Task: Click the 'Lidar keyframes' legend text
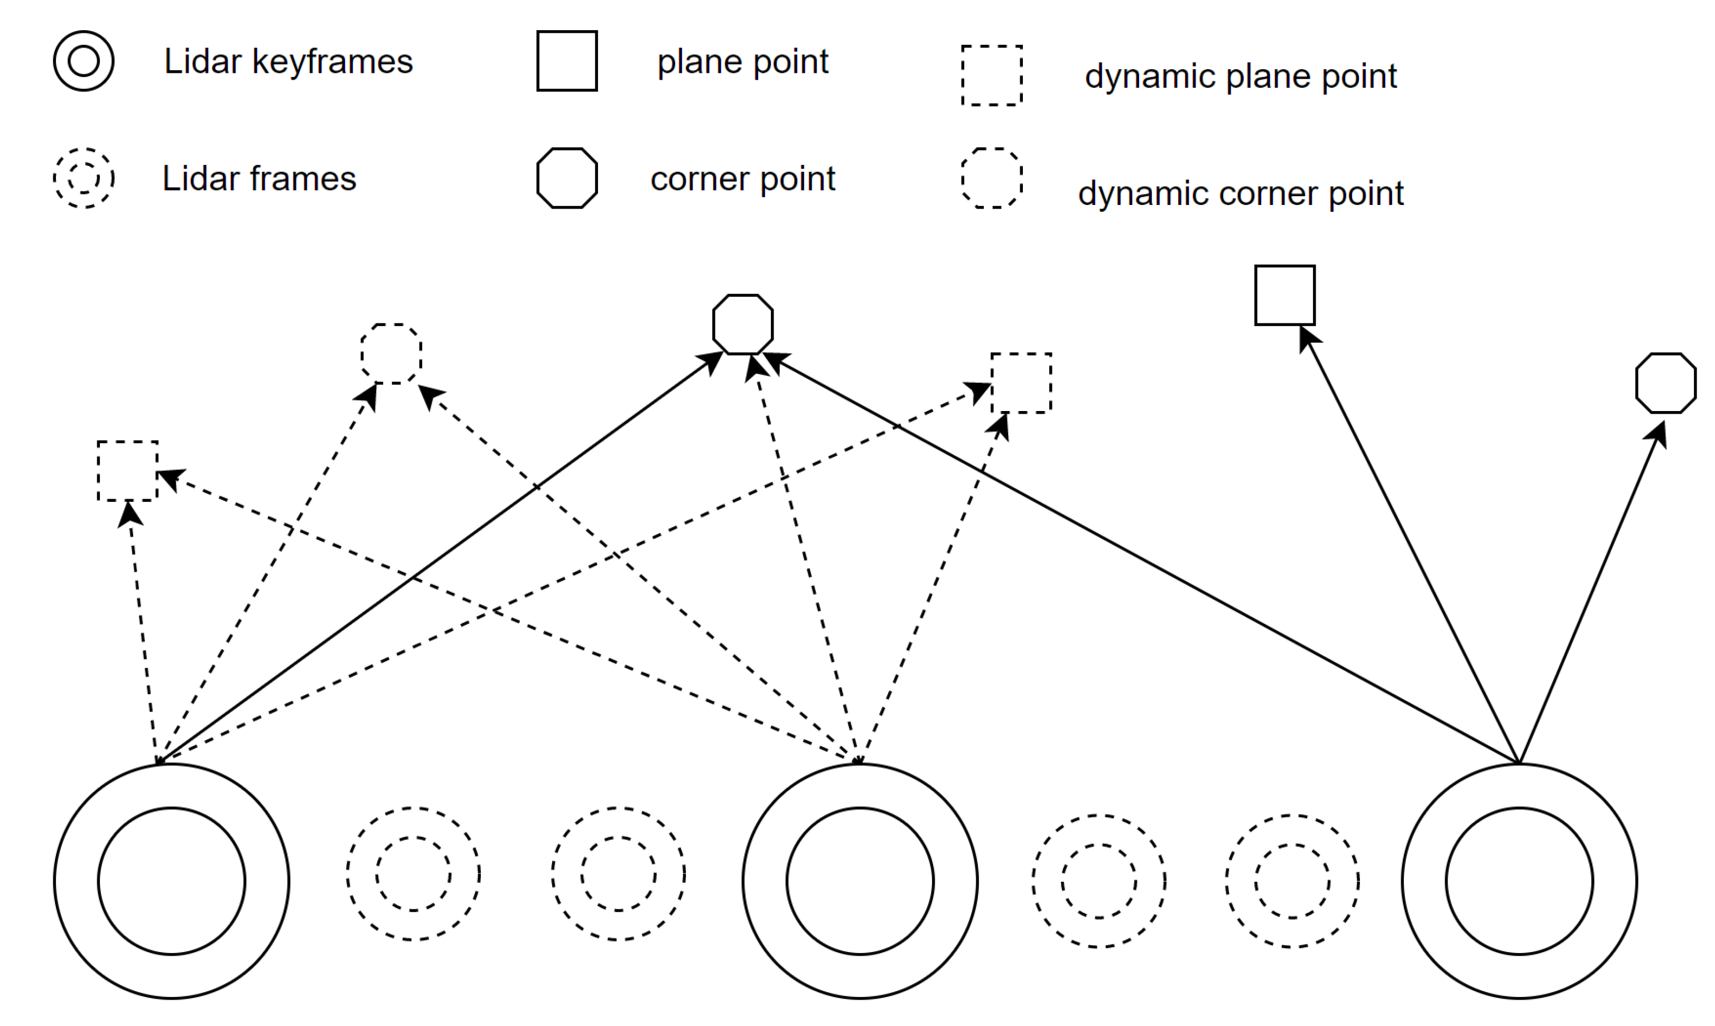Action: (x=288, y=61)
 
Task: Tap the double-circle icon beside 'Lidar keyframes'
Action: (x=83, y=61)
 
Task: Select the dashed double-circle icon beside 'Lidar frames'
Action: (x=83, y=179)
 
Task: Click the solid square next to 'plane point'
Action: (x=567, y=61)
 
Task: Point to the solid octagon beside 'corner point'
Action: (x=567, y=179)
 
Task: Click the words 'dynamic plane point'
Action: (x=1240, y=76)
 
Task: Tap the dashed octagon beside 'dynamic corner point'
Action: (x=992, y=179)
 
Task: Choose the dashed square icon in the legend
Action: (x=992, y=76)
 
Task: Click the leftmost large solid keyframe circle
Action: (x=171, y=881)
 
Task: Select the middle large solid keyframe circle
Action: (x=860, y=881)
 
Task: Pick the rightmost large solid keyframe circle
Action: (x=1520, y=881)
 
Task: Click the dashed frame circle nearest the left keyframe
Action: (x=413, y=874)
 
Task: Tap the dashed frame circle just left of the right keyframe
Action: (x=1292, y=881)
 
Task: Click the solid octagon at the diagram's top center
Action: (x=743, y=324)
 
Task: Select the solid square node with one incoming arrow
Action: (x=1285, y=295)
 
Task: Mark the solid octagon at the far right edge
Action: (x=1666, y=383)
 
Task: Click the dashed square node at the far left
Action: (x=128, y=471)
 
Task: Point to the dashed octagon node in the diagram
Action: (x=392, y=353)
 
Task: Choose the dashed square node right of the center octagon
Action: (x=1021, y=383)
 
